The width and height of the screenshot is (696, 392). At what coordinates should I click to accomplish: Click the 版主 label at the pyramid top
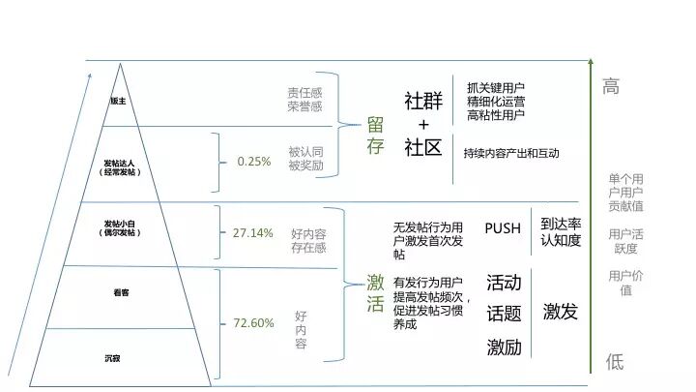pyautogui.click(x=118, y=101)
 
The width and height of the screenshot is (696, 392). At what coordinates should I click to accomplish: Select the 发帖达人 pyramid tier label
pyautogui.click(x=120, y=166)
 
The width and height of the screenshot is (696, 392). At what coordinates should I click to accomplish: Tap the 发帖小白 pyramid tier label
pyautogui.click(x=120, y=228)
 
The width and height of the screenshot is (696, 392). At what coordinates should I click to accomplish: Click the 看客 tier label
pyautogui.click(x=121, y=291)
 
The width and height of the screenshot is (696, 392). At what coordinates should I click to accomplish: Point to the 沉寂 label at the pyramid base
pyautogui.click(x=113, y=359)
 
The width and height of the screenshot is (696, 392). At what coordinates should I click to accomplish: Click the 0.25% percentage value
pyautogui.click(x=254, y=162)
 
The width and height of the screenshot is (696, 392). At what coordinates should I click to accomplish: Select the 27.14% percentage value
pyautogui.click(x=253, y=233)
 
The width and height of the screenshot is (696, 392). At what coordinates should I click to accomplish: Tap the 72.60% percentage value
pyautogui.click(x=253, y=323)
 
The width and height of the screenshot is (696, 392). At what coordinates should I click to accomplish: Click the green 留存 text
pyautogui.click(x=375, y=136)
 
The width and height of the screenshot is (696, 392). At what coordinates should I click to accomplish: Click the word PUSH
pyautogui.click(x=502, y=228)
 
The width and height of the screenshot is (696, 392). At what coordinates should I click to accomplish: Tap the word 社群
pyautogui.click(x=423, y=103)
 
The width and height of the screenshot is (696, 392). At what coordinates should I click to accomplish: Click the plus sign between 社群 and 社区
pyautogui.click(x=423, y=126)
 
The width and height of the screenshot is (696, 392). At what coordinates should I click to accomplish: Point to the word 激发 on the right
pyautogui.click(x=560, y=312)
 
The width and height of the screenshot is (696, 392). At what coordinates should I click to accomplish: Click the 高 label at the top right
pyautogui.click(x=611, y=87)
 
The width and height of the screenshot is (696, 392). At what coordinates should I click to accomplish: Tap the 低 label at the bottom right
pyautogui.click(x=615, y=362)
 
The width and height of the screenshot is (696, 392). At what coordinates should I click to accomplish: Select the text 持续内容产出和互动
pyautogui.click(x=510, y=153)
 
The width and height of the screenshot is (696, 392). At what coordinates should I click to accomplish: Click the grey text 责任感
pyautogui.click(x=304, y=93)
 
